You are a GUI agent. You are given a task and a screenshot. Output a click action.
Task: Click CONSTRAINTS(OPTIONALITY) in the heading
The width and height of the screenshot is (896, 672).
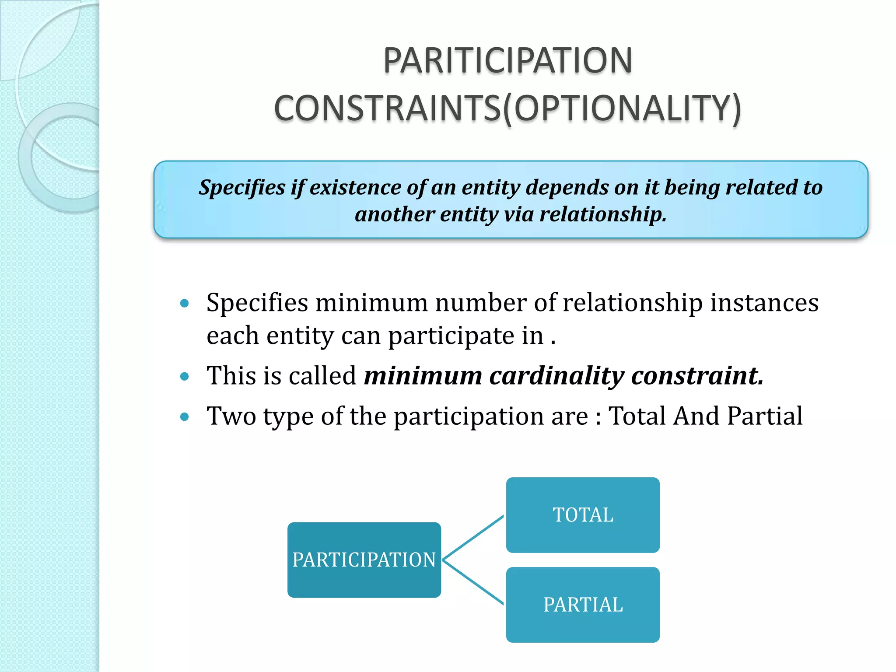tap(507, 108)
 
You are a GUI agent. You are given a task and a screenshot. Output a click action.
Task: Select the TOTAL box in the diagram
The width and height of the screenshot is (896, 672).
tap(583, 515)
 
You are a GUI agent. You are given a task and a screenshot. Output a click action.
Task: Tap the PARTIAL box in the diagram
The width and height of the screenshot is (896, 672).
tap(583, 605)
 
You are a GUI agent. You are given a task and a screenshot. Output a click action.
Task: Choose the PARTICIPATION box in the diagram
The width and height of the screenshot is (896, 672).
tap(364, 560)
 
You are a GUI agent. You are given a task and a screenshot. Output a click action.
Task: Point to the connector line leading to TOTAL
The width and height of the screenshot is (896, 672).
tap(473, 538)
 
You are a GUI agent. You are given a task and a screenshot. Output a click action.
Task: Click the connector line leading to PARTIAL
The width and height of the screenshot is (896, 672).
tap(473, 582)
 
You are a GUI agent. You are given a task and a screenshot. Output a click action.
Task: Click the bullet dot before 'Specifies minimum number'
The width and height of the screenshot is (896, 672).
tap(184, 303)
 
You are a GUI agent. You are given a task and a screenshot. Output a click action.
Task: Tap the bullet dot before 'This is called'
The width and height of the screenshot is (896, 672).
tap(184, 376)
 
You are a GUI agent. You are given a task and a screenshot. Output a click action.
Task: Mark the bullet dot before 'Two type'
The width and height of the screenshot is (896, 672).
tap(184, 416)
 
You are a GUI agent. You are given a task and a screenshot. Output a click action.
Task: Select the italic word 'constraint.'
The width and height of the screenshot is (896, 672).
tap(697, 376)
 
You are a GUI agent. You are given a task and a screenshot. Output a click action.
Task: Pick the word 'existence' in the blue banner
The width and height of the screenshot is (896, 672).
tap(355, 188)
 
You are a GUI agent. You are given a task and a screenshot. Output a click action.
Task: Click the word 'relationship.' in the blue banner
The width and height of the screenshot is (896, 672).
tap(603, 214)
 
